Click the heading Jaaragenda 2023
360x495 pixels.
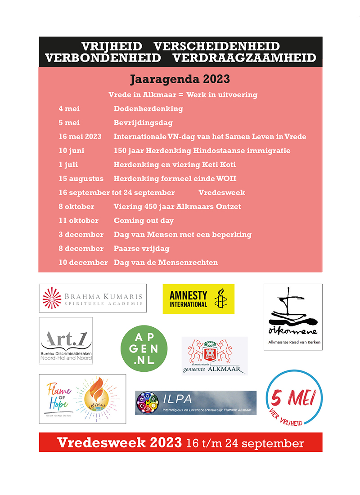[180, 80]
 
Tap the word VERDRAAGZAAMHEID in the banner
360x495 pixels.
[244, 58]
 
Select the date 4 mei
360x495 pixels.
[69, 109]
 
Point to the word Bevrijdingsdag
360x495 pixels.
[143, 123]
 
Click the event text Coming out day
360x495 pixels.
[144, 221]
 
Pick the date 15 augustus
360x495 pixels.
[81, 179]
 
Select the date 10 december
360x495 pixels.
[83, 263]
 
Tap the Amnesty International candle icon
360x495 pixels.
[220, 299]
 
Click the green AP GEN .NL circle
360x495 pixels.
[144, 348]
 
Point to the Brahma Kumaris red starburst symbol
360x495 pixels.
[52, 299]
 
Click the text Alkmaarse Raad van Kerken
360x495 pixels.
[293, 347]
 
